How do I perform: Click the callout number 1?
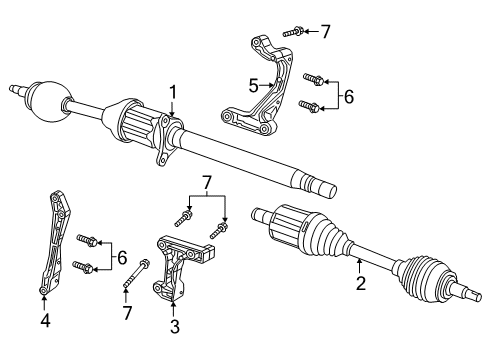click(173, 93)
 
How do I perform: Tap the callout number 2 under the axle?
click(360, 283)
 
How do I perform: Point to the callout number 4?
click(43, 320)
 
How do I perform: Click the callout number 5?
click(253, 84)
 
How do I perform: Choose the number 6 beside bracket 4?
click(122, 258)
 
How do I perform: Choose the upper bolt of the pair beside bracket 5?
click(313, 77)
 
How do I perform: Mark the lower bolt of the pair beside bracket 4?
click(85, 267)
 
